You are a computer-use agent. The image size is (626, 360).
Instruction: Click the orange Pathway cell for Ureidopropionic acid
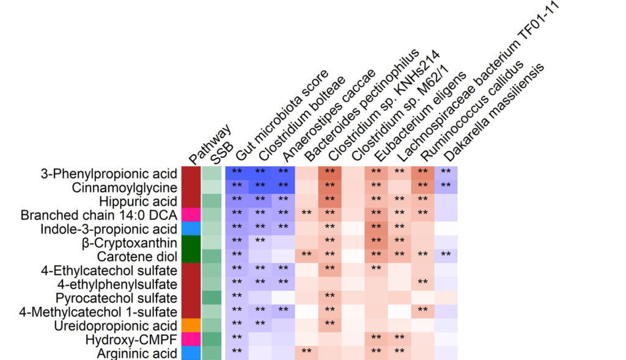point(191,325)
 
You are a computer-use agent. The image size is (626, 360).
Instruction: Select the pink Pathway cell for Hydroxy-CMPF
point(191,339)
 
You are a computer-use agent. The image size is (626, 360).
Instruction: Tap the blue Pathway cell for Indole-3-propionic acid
point(191,229)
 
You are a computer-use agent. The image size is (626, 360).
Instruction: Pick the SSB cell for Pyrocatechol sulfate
point(212,298)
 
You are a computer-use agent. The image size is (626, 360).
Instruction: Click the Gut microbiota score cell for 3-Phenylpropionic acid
point(237,172)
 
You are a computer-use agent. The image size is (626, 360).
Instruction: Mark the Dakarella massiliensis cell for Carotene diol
point(446,255)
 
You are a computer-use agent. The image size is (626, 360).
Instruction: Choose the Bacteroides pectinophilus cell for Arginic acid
point(306,353)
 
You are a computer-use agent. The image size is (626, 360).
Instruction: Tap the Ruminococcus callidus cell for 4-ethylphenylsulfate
point(422,284)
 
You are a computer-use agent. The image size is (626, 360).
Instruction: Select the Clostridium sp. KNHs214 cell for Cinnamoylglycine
point(330,186)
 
